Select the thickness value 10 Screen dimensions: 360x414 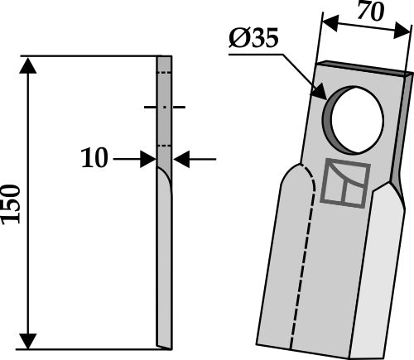[x=95, y=158]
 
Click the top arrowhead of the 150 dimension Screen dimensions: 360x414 [x=29, y=65]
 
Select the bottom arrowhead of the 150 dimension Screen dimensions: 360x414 [x=29, y=341]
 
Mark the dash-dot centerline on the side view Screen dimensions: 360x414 [x=165, y=108]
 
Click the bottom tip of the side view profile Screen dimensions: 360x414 [x=164, y=346]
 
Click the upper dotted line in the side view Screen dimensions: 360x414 [x=165, y=74]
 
